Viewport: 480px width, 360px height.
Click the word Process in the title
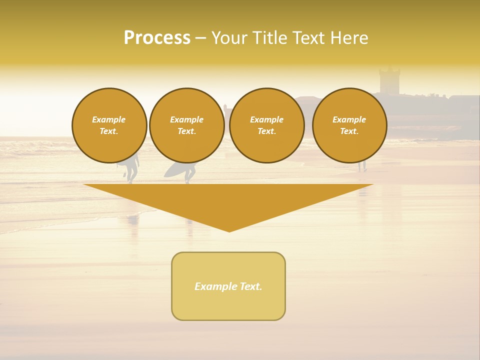(157, 38)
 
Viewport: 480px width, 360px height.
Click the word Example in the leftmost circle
(109, 119)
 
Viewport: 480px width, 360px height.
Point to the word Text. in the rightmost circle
(349, 131)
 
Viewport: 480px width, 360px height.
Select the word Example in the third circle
(267, 119)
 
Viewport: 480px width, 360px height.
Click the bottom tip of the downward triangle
(229, 230)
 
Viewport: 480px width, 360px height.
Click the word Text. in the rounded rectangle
(251, 286)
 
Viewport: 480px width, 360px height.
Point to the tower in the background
(389, 80)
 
